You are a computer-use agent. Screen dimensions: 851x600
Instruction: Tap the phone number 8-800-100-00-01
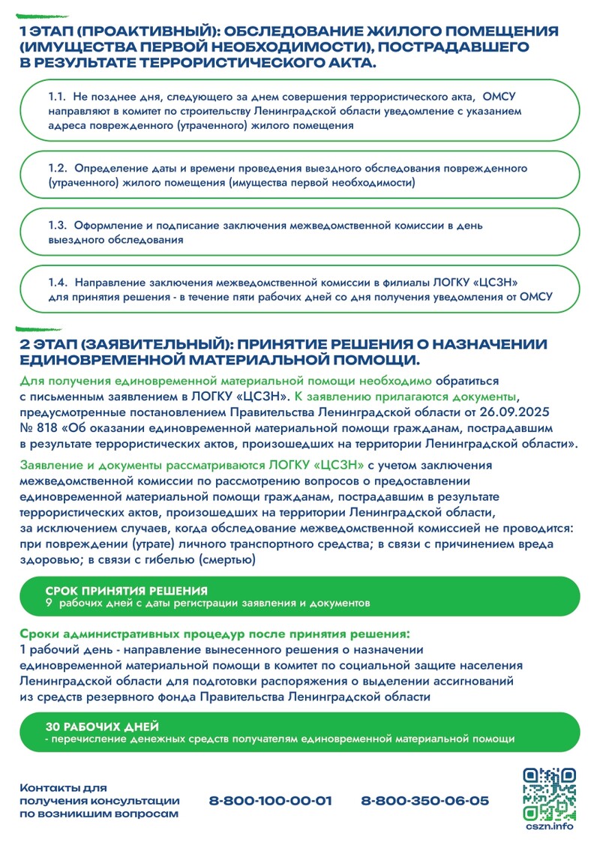pyautogui.click(x=271, y=801)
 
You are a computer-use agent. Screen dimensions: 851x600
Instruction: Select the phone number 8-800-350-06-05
pyautogui.click(x=424, y=801)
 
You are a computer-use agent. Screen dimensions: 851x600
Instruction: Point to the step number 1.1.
pyautogui.click(x=58, y=97)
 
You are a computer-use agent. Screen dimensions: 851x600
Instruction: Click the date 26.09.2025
pyautogui.click(x=548, y=412)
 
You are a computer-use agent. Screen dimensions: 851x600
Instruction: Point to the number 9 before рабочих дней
pyautogui.click(x=49, y=603)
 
